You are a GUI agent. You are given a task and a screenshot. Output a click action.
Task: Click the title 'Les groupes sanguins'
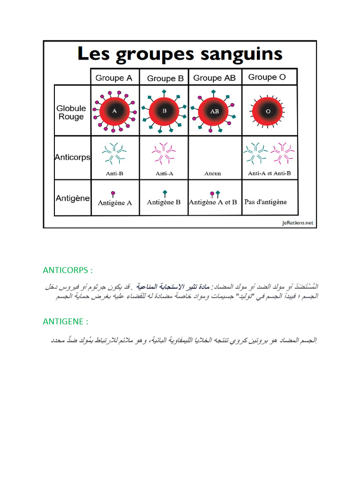coord(180,54)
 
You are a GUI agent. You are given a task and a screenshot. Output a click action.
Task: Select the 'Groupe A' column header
coord(114,78)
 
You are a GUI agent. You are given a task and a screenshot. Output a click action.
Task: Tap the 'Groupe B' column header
coord(165,78)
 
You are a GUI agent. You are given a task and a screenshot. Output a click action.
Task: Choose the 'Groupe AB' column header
coord(214,78)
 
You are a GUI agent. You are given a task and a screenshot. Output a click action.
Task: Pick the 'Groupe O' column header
coord(267,77)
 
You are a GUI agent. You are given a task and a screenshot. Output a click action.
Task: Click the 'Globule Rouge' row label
coord(71,112)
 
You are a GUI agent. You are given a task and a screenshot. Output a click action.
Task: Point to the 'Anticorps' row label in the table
coord(72,157)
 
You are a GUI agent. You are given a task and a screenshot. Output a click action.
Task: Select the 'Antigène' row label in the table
coord(73,198)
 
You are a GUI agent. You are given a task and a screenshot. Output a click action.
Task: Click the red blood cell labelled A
coord(114,112)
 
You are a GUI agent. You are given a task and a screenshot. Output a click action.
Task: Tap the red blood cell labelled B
coord(165,112)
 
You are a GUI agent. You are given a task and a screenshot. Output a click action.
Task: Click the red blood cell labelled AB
coord(214,112)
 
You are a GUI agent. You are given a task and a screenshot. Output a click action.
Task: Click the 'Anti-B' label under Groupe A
coord(114,173)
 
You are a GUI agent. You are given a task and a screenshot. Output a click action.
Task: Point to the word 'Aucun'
coord(213,173)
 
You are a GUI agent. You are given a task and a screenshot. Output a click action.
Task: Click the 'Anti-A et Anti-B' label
coord(269,173)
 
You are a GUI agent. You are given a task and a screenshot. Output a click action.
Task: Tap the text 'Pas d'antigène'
coord(265,202)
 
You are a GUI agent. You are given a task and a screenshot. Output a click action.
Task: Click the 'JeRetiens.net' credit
coord(298,223)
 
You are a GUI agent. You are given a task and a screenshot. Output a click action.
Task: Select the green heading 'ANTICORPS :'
coord(67,270)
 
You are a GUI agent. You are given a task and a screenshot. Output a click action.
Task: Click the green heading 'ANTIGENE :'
coord(66,322)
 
